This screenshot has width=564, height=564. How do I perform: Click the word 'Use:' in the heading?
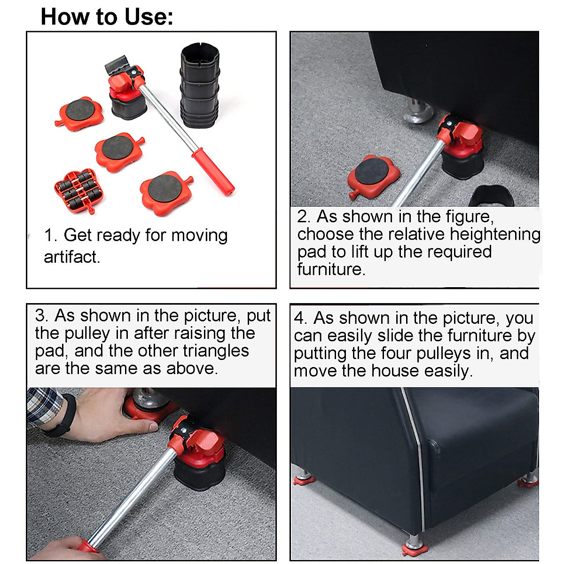[149, 17]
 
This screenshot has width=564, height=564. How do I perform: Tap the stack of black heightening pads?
[200, 86]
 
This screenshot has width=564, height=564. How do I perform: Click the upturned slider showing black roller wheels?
[79, 190]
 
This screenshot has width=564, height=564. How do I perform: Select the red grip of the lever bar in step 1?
[213, 172]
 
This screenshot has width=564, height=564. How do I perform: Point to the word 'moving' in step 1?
[199, 236]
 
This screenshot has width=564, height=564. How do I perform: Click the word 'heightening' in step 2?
[495, 235]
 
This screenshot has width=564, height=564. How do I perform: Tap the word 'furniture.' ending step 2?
[331, 269]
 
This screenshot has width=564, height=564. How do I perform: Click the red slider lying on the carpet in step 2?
[374, 177]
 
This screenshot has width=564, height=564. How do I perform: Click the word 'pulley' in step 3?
[87, 334]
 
